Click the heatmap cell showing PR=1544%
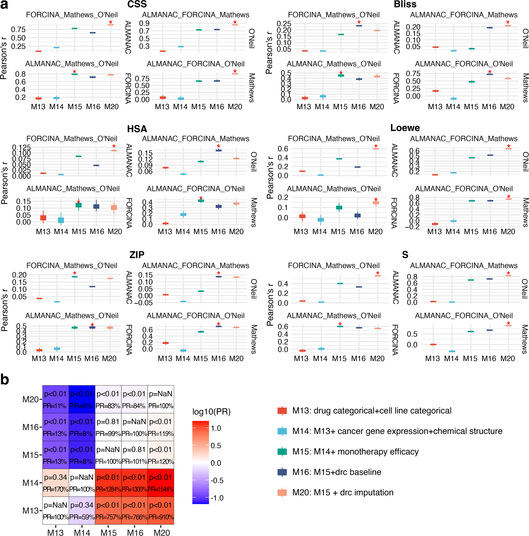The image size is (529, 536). click(161, 482)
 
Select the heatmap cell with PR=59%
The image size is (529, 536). click(82, 510)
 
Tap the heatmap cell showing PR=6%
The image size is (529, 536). click(82, 399)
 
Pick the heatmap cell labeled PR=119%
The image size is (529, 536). click(161, 427)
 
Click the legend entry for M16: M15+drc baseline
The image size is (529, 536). click(336, 472)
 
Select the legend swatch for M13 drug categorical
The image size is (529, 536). click(282, 411)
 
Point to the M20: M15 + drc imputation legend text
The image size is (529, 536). click(343, 493)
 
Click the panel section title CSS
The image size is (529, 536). click(137, 5)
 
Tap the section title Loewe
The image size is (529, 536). click(405, 128)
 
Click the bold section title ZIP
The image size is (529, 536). click(137, 255)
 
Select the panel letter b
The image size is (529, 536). click(5, 379)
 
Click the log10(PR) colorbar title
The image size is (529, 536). click(211, 412)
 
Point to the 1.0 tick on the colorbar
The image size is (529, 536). click(216, 428)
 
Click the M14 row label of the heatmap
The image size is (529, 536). click(30, 483)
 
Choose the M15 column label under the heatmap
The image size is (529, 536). click(108, 532)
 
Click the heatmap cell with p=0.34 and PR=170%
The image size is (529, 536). click(55, 482)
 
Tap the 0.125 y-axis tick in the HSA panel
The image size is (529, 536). click(22, 147)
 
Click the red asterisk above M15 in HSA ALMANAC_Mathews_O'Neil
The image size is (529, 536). click(78, 202)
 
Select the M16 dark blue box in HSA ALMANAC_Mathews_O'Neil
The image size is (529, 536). click(96, 206)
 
